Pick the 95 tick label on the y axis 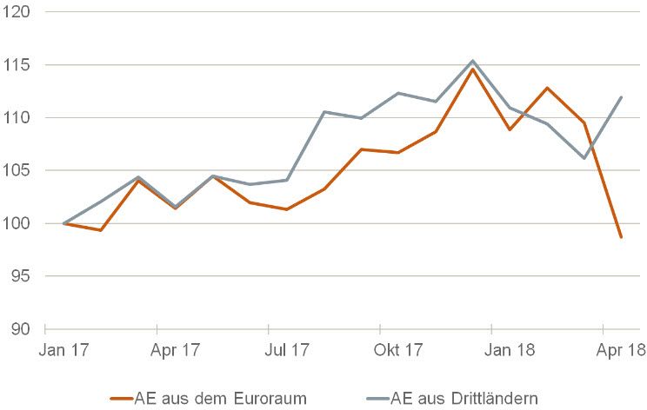[x=20, y=277]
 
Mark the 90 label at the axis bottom [x=20, y=330]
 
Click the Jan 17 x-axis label [x=64, y=351]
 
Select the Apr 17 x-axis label [x=176, y=351]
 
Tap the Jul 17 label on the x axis [x=287, y=351]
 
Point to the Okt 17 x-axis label [x=399, y=351]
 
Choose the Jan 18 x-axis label [x=510, y=351]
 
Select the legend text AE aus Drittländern [x=465, y=398]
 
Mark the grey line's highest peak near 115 [x=472, y=61]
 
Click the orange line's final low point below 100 [x=621, y=237]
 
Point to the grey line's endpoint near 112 [x=621, y=97]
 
